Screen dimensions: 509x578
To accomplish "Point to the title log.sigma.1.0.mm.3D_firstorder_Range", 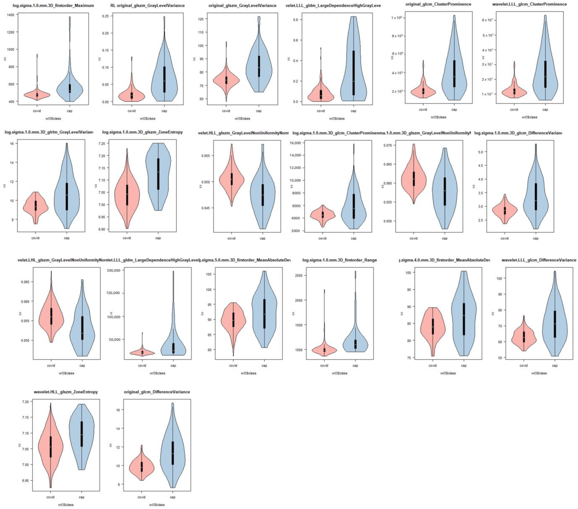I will [x=340, y=260].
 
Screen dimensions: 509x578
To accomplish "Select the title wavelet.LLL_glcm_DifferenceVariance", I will [x=539, y=260].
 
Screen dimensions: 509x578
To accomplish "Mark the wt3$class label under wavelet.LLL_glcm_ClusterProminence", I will [x=529, y=117].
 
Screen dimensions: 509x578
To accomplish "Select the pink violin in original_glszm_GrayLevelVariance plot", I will [x=226, y=80].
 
